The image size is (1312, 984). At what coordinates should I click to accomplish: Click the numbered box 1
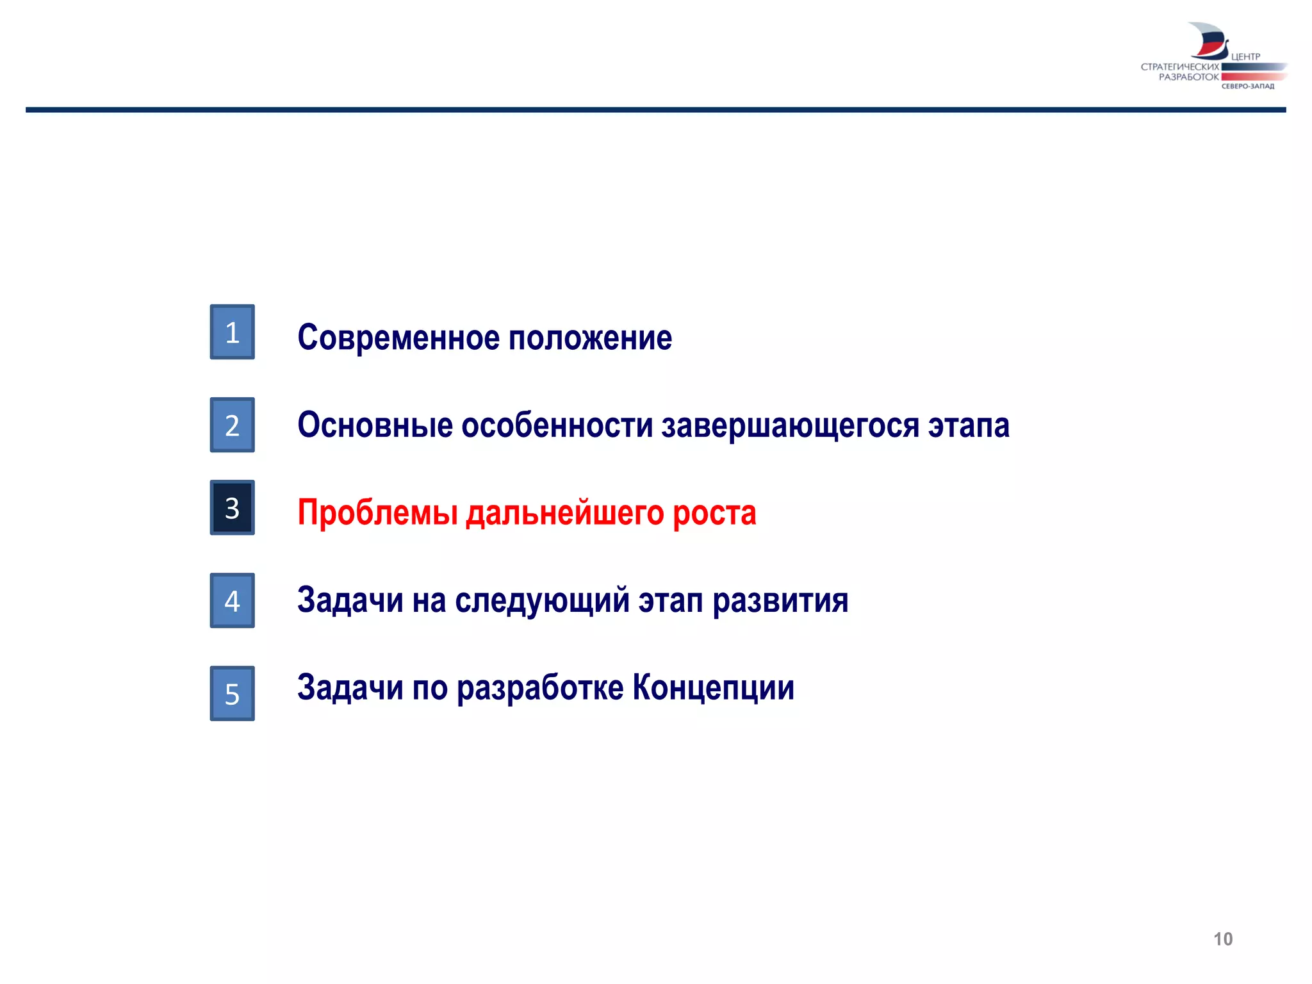(232, 332)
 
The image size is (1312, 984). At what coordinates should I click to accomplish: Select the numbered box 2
(232, 425)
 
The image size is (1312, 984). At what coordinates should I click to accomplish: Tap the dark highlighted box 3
(232, 507)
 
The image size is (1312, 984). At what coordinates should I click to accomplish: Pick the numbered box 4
(232, 600)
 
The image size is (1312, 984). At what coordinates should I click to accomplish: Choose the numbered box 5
(232, 693)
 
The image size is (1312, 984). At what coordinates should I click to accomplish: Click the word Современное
(398, 338)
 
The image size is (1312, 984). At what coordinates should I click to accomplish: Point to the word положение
(590, 338)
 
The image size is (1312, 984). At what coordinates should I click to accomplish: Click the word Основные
(375, 425)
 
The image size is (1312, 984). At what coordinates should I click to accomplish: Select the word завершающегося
(791, 426)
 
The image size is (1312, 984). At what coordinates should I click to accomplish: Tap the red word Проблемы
(377, 512)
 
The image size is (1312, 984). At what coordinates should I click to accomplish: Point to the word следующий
(543, 601)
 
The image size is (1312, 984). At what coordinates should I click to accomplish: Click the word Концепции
(714, 688)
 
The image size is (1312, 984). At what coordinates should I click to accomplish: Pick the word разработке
(540, 688)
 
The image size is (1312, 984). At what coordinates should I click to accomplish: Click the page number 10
(1222, 939)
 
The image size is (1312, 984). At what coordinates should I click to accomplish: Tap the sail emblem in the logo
(1208, 40)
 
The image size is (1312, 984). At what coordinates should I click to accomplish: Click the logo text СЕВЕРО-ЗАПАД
(1247, 86)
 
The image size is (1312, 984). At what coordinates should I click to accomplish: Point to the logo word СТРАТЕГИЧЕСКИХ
(1179, 67)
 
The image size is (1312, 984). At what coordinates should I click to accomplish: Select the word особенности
(557, 425)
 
